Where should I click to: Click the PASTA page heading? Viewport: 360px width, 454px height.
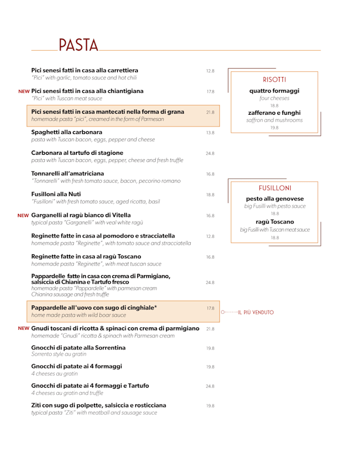(x=78, y=45)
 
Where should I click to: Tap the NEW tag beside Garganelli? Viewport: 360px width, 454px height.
(x=23, y=215)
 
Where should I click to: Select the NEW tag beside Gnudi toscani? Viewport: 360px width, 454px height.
(x=24, y=328)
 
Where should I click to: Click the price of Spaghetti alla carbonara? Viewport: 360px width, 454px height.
(x=210, y=133)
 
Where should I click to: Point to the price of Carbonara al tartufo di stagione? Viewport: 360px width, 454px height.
(x=210, y=153)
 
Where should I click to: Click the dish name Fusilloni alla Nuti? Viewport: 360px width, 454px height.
(x=56, y=194)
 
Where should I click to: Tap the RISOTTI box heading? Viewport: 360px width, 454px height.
(x=274, y=79)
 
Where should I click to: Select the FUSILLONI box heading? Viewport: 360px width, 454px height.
(x=274, y=187)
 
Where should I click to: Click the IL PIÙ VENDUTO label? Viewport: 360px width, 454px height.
(x=255, y=312)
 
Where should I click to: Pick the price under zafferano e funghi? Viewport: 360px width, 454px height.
(x=274, y=128)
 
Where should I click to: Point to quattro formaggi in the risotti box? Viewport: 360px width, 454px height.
(x=274, y=91)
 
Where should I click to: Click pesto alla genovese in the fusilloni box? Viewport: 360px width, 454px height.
(x=274, y=199)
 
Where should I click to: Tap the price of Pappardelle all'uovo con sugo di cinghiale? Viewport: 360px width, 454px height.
(x=210, y=308)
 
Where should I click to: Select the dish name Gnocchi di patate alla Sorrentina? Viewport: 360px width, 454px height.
(x=78, y=348)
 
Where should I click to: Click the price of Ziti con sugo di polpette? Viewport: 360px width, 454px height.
(x=210, y=405)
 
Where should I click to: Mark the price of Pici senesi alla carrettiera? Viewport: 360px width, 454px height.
(x=210, y=71)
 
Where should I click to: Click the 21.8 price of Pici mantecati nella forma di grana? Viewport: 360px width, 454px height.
(x=210, y=112)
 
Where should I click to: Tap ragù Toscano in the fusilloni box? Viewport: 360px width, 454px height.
(x=274, y=221)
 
